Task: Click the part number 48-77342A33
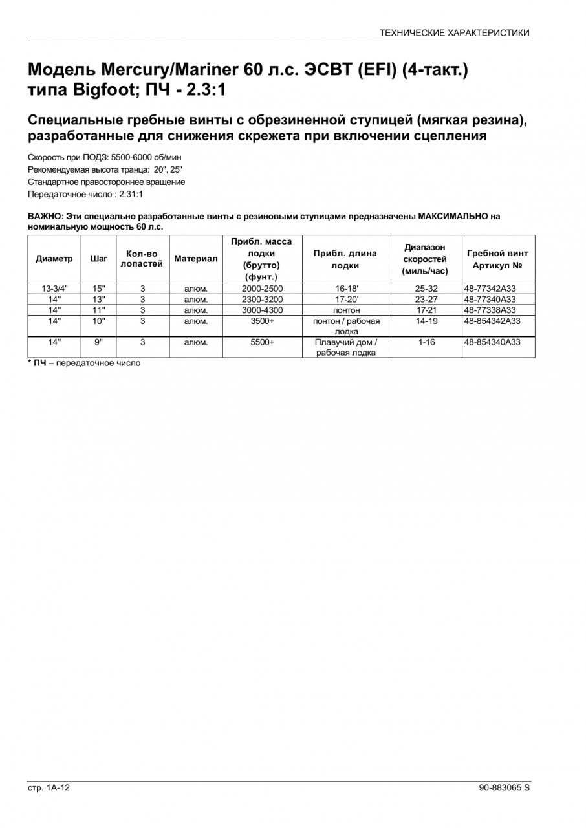(x=490, y=289)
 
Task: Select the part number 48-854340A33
(x=492, y=342)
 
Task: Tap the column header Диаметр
(x=54, y=259)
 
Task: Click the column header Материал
(x=196, y=259)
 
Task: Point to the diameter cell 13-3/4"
(x=54, y=289)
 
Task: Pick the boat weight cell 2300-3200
(x=262, y=300)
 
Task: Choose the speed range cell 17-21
(x=427, y=310)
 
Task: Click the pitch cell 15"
(x=99, y=289)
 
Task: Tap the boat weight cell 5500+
(x=262, y=342)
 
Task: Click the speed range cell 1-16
(x=427, y=342)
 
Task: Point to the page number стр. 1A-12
(x=49, y=788)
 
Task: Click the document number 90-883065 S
(x=504, y=788)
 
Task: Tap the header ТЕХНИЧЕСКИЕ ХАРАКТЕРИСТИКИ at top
(x=454, y=32)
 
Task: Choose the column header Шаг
(x=99, y=259)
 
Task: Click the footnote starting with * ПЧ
(x=84, y=363)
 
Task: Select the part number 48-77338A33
(x=490, y=310)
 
